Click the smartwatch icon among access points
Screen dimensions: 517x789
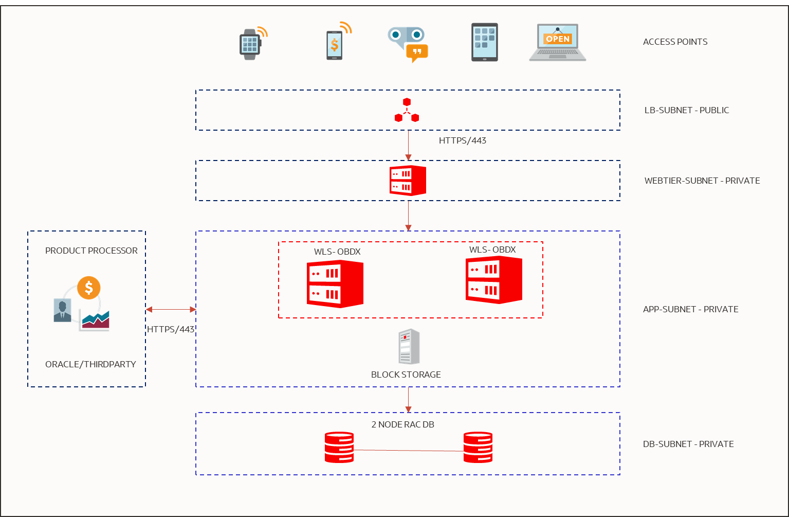250,44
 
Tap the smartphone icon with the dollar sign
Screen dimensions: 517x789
335,45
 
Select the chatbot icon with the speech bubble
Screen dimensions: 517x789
407,43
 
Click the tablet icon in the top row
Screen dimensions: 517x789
485,42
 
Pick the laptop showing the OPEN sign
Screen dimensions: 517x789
558,43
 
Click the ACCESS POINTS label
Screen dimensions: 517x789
675,42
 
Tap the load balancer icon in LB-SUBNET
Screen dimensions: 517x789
407,111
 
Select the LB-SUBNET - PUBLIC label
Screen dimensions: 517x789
686,110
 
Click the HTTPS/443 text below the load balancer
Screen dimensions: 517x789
462,140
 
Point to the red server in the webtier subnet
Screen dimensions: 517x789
408,181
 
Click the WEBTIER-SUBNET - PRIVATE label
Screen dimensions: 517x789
702,181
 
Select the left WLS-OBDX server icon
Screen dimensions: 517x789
335,284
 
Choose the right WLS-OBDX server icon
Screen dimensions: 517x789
493,280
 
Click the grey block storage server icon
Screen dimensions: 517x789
409,347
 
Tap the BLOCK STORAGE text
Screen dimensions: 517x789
406,375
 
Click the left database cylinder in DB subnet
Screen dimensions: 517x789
339,447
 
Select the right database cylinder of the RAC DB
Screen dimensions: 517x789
478,447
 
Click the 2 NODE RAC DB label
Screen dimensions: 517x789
402,424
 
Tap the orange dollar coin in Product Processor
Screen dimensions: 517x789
89,288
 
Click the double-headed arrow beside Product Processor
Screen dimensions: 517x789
171,310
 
